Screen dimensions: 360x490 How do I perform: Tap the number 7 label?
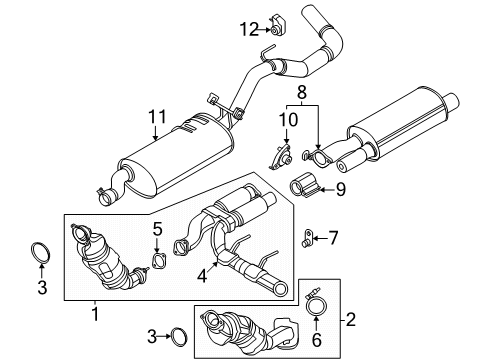coord(334,237)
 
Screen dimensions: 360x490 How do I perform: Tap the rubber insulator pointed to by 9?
coord(304,185)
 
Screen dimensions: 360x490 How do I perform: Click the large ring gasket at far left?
coord(41,251)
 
